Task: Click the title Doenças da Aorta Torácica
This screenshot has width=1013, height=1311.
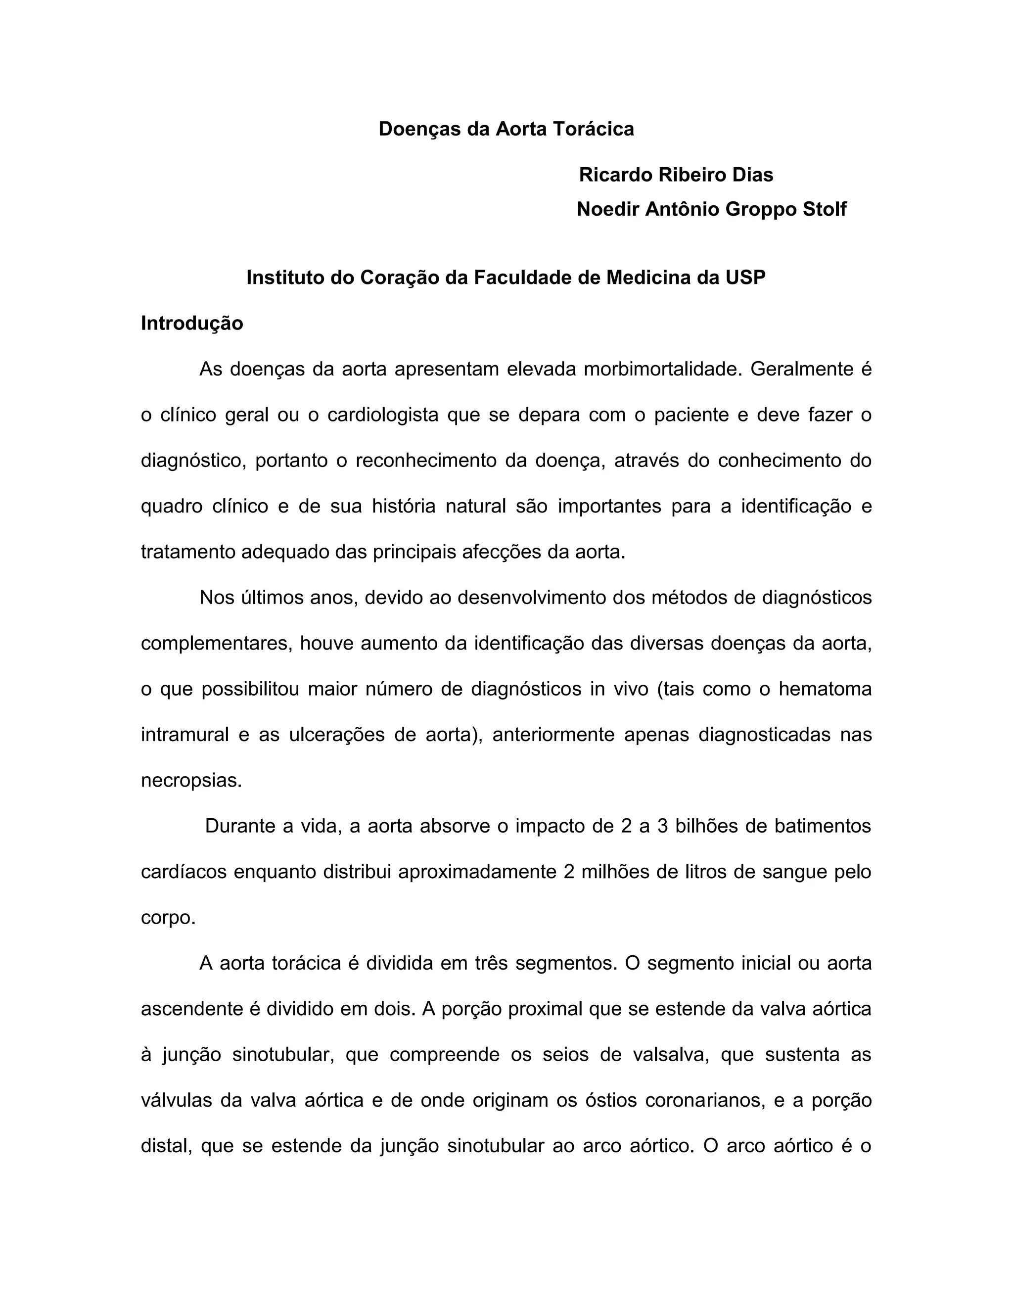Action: coord(506,129)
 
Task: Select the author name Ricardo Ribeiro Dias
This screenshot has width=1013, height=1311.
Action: coord(676,175)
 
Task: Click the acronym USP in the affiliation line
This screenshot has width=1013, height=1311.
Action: coord(745,278)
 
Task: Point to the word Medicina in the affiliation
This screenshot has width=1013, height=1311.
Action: coord(647,278)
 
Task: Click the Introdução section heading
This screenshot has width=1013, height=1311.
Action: coord(192,324)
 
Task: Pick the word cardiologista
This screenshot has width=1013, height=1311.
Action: coord(383,415)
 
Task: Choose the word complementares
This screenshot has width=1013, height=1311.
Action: coord(216,644)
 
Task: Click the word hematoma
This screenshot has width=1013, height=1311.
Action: coord(825,689)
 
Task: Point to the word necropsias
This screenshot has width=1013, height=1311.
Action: coord(191,780)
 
